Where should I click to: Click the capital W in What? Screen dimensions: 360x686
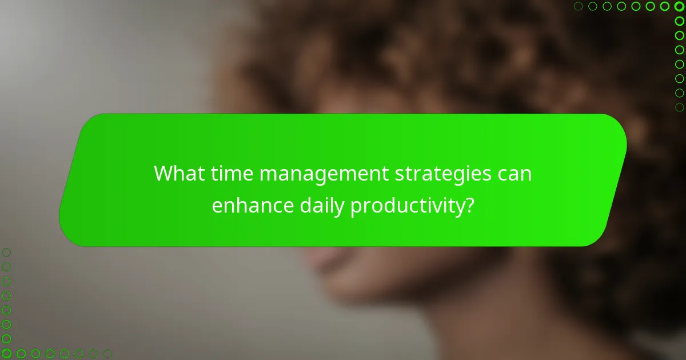[166, 173]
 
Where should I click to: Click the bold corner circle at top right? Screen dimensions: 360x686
[679, 6]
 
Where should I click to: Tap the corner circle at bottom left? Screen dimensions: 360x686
[6, 354]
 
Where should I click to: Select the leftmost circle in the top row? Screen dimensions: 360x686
[579, 6]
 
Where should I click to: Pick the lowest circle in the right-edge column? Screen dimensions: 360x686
[679, 107]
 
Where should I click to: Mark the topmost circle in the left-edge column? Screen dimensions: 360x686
[6, 252]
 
